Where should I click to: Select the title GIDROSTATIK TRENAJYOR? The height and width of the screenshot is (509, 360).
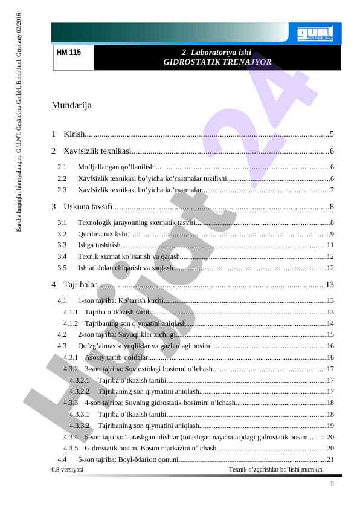coord(217,62)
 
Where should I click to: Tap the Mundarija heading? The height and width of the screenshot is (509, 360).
coord(71,106)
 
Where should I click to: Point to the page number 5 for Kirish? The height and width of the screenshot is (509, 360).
coord(332,134)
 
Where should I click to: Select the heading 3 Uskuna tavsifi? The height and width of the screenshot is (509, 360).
coord(85,207)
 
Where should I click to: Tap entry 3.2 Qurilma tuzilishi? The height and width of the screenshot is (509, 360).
coord(102,234)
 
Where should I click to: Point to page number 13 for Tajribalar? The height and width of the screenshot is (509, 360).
coord(330,284)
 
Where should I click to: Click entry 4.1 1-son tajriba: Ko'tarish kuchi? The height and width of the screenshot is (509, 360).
coord(121,300)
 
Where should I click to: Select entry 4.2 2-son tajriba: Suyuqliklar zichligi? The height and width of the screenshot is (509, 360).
coord(126,334)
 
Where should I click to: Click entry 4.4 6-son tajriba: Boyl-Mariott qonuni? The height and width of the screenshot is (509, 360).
coord(127,460)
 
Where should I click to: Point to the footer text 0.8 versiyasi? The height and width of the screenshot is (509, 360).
coord(68,470)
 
